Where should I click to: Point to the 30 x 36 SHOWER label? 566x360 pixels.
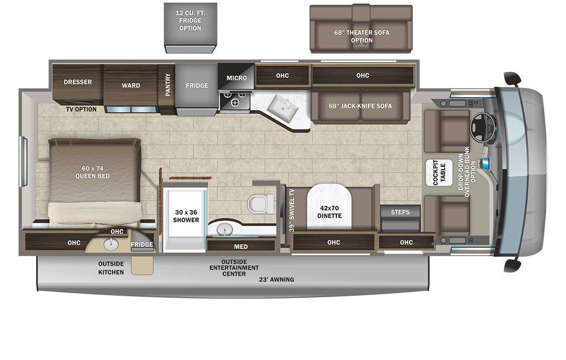point(186,216)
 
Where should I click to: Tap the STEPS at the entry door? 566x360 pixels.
point(400,212)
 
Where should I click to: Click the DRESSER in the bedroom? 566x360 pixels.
point(78,82)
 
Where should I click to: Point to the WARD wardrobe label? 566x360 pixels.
point(131,85)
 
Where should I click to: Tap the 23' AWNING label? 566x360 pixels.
point(277,279)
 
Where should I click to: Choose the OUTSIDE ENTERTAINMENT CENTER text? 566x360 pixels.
point(234,267)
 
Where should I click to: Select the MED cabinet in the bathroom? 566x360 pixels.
point(241,246)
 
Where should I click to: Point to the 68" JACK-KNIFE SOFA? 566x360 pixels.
point(360,106)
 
